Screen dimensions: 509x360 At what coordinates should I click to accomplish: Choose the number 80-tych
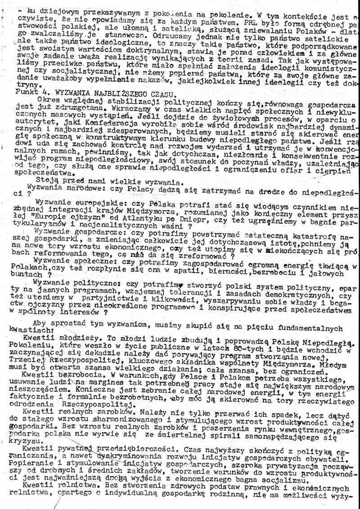(256, 345)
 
